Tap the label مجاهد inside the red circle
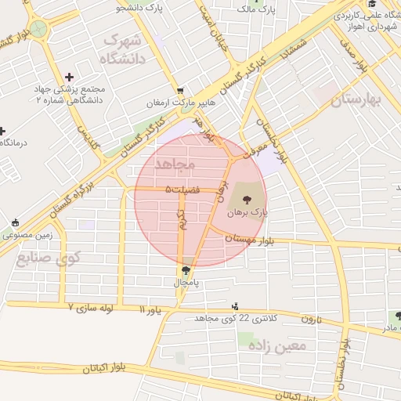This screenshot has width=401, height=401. (173, 164)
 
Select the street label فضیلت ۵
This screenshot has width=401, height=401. (182, 190)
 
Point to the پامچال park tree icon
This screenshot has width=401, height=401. (186, 270)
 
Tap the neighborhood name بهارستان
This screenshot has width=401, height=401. (355, 100)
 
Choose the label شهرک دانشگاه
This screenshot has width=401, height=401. (123, 49)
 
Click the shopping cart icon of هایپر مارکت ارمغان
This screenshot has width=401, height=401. (181, 91)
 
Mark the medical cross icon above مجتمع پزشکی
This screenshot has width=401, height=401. (70, 77)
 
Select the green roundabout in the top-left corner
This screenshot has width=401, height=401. (38, 30)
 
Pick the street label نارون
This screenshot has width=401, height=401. (312, 319)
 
